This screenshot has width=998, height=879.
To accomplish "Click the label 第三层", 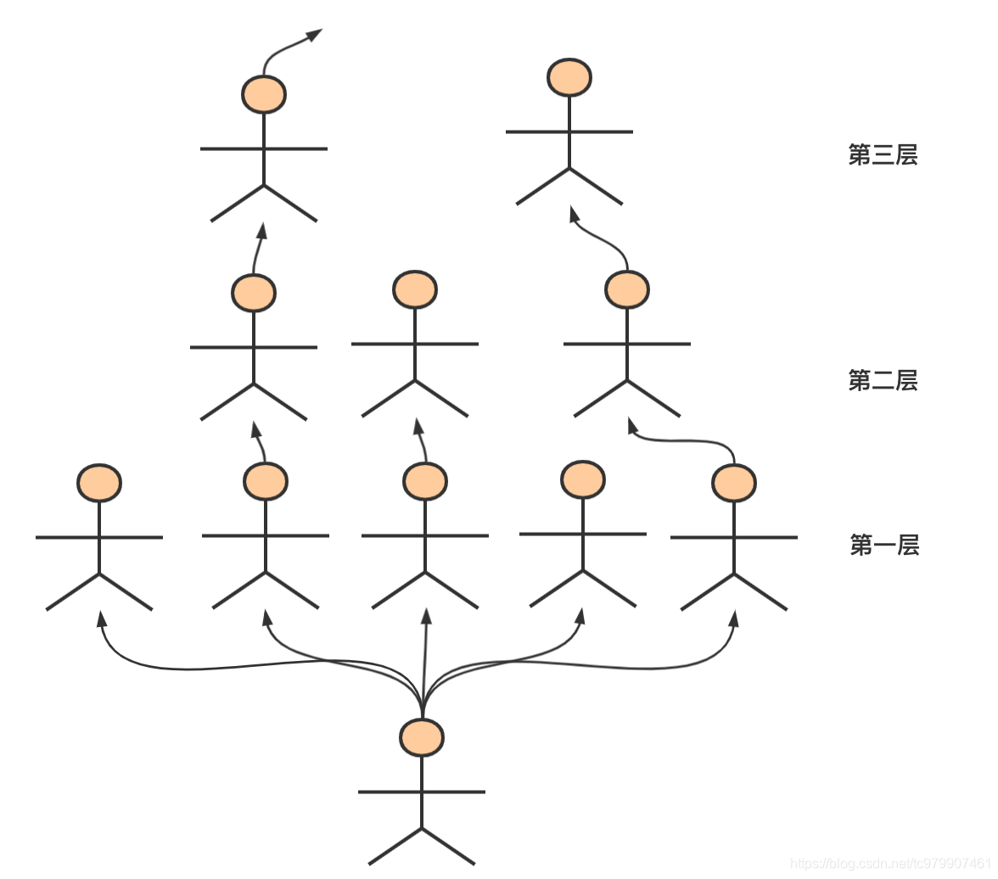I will point(883,155).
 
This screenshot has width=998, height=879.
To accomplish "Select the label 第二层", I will point(883,380).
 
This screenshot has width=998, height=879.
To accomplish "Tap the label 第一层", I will point(884,545).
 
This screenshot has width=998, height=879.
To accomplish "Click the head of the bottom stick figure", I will point(422,737).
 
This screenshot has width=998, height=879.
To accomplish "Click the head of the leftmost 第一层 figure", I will point(99,483).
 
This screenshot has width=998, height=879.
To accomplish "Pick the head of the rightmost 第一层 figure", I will point(734,483).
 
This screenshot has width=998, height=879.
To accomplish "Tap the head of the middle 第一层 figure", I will point(425,481).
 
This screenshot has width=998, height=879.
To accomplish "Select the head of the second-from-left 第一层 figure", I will point(266,481).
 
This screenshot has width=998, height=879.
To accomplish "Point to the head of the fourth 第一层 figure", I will point(583,479).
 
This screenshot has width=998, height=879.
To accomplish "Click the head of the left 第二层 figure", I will point(254,293).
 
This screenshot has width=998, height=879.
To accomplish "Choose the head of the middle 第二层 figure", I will point(415,289).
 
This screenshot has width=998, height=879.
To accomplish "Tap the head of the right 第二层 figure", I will point(627,289).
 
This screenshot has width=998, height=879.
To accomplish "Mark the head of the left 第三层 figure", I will point(264,94).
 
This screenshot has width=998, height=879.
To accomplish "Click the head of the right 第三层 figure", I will point(569,77).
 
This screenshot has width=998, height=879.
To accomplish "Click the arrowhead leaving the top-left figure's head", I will point(314,35).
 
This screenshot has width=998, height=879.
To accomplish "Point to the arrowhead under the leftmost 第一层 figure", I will point(102,618).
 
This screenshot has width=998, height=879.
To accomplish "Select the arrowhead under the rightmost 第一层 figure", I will point(734,618).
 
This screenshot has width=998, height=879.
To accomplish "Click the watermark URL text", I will point(891,864).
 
